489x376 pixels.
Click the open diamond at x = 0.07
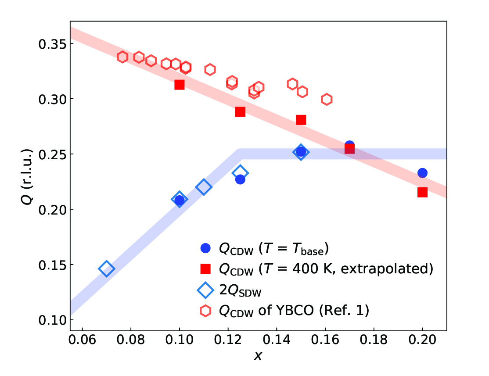pos(107,269)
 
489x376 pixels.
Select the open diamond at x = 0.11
pos(204,187)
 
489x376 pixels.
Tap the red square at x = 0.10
pos(179,84)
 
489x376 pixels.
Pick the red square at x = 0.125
pos(240,112)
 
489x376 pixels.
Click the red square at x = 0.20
pos(422,192)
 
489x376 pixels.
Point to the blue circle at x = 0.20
pos(422,173)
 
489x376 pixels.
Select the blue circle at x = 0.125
pos(240,179)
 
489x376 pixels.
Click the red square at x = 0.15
pos(301,120)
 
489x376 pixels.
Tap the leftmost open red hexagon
pos(122,57)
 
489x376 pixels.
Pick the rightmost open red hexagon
pos(326,99)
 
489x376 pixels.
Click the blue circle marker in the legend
pos(205,248)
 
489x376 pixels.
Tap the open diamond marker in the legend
pos(205,290)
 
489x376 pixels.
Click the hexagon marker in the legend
pos(205,311)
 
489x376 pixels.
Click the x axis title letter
pos(258,356)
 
